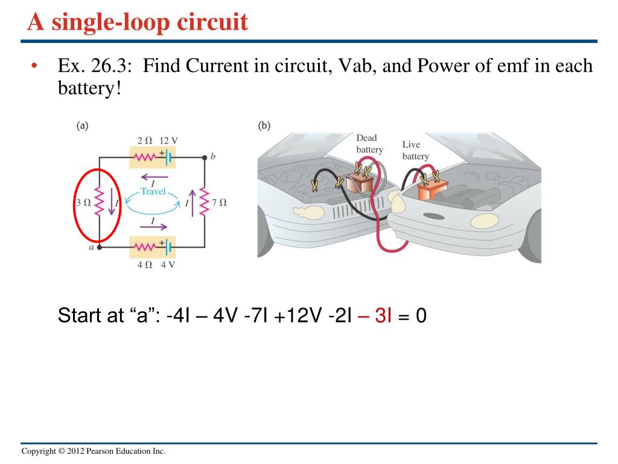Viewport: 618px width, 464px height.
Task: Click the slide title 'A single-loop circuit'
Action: (x=138, y=22)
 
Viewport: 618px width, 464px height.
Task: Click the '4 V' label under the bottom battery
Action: (x=167, y=264)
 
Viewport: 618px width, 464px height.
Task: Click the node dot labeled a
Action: (x=100, y=246)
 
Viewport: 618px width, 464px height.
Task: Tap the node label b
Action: (x=212, y=156)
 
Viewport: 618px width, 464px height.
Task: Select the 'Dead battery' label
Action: (x=369, y=144)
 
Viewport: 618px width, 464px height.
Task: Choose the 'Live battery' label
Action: (x=415, y=150)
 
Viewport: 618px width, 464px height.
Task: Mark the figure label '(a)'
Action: (x=83, y=126)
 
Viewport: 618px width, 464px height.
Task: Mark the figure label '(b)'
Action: (x=264, y=126)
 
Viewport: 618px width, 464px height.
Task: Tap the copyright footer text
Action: (x=93, y=452)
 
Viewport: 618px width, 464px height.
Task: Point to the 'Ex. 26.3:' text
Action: (x=97, y=66)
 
